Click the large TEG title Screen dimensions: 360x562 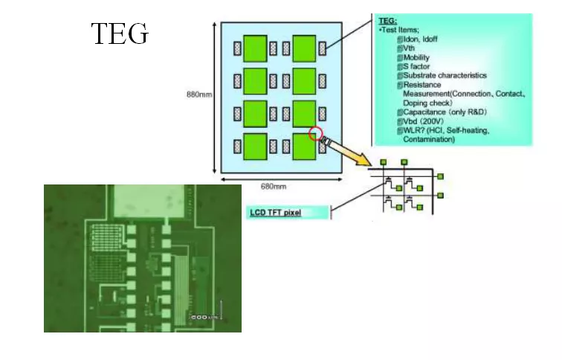[x=120, y=34]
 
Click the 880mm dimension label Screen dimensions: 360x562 [x=198, y=94]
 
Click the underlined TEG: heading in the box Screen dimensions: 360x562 [x=388, y=22]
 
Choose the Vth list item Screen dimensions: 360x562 [x=409, y=48]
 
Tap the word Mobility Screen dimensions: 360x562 [x=417, y=57]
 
